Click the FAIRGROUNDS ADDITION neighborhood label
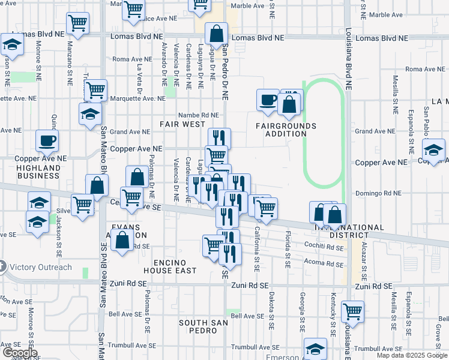pos(286,130)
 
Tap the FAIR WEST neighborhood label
pos(182,124)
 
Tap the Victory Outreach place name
pos(40,267)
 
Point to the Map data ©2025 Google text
pos(412,355)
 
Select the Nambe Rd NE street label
pos(199,115)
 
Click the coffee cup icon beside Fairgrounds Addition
pos(268,100)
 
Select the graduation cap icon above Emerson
pos(315,349)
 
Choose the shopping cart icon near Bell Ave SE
pos(352,311)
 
